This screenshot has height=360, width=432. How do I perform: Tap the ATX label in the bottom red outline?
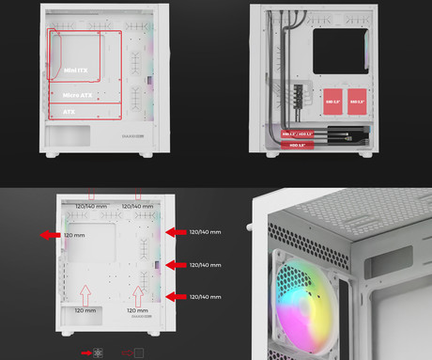click(x=70, y=111)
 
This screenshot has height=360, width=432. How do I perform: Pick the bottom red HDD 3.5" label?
click(x=297, y=146)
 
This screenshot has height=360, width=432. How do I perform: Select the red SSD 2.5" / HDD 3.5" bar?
click(x=299, y=134)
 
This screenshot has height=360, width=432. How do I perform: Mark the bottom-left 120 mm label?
click(x=85, y=309)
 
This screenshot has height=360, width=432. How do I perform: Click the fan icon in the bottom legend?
click(x=99, y=353)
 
